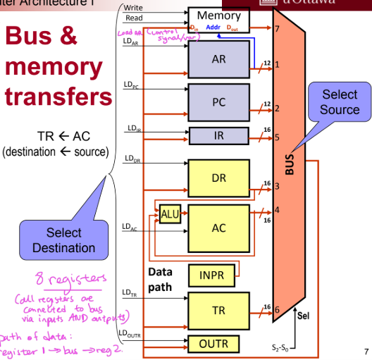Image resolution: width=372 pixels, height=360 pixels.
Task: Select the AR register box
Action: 218,60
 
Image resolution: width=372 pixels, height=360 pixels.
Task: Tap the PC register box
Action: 218,102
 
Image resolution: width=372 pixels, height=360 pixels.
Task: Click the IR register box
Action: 218,135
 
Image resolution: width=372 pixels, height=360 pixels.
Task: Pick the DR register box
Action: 218,178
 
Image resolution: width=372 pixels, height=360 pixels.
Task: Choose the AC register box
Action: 218,228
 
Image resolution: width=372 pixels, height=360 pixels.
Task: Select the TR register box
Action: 218,309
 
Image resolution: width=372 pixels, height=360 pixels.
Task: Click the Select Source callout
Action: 339,102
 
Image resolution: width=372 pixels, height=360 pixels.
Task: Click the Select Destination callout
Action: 63,240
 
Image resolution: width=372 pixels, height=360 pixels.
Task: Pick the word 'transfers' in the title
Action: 58,97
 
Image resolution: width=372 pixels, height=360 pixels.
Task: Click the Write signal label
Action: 134,8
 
